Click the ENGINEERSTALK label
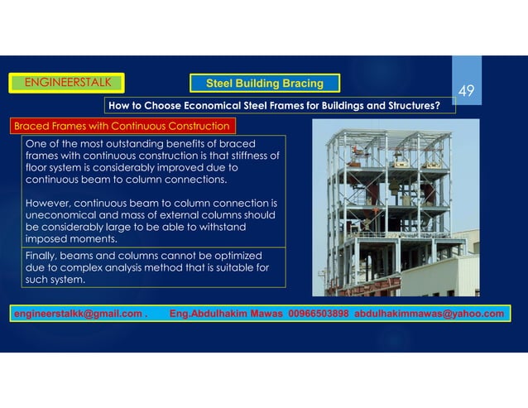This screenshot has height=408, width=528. coord(65,81)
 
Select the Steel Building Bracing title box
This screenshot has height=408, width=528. coord(265,83)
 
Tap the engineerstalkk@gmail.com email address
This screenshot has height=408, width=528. coord(77,314)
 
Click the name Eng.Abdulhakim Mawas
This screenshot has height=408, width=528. coord(224,314)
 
